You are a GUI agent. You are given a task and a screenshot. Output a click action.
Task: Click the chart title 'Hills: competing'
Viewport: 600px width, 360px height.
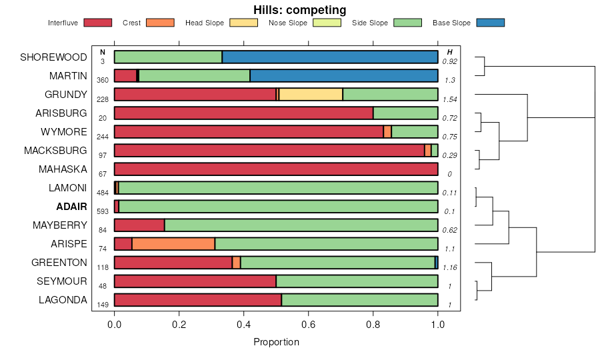click(x=299, y=10)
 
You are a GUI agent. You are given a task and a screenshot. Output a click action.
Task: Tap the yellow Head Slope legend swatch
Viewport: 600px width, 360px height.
click(x=244, y=23)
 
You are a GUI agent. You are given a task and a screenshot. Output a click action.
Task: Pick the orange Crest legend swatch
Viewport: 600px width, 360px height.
click(x=159, y=23)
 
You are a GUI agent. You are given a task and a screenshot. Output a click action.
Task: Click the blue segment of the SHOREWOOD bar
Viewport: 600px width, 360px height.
click(x=330, y=57)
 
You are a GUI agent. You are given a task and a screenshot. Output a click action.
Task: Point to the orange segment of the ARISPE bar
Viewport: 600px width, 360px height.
click(x=173, y=244)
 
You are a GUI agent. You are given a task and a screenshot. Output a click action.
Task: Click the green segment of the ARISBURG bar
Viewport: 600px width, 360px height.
click(x=405, y=113)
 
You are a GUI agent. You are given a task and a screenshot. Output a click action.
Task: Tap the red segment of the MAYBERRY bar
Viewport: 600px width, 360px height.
click(x=139, y=225)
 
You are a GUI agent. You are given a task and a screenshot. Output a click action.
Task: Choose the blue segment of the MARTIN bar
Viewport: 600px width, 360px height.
click(x=344, y=76)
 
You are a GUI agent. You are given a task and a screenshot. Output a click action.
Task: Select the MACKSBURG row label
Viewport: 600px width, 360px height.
click(x=55, y=151)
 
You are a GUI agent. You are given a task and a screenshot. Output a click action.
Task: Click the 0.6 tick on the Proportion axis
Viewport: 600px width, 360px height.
click(x=309, y=325)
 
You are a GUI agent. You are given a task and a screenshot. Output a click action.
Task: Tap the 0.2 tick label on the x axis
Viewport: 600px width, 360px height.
click(x=179, y=325)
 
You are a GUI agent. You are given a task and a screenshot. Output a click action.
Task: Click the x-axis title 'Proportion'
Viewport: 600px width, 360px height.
click(x=276, y=342)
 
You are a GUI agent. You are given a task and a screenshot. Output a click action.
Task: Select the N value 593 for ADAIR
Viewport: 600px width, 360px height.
click(x=103, y=211)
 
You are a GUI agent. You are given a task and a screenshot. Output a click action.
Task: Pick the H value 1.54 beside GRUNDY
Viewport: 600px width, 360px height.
click(x=450, y=99)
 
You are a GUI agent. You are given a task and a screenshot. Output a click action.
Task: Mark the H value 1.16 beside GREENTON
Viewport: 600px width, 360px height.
click(x=450, y=267)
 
